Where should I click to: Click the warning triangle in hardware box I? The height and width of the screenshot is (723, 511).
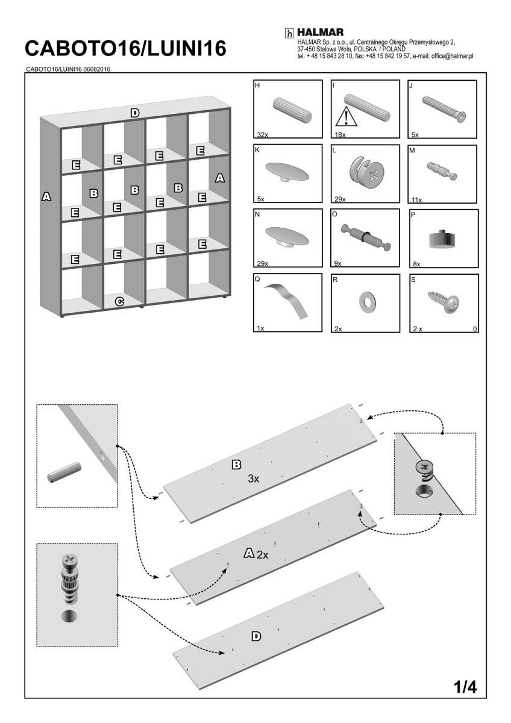coord(346,116)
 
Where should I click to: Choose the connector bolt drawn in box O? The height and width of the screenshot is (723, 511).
coord(366,236)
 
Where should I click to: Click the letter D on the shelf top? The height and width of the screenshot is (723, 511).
coord(135,113)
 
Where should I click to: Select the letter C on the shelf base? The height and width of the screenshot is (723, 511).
coord(119,301)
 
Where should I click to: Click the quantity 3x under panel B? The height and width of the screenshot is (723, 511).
coord(253,479)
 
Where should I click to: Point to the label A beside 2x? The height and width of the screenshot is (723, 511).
coord(249,553)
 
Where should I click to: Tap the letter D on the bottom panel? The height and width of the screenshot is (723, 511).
coord(256,636)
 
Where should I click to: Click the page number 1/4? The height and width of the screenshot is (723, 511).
coord(465,686)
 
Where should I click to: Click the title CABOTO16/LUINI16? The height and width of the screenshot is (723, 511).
coord(126,48)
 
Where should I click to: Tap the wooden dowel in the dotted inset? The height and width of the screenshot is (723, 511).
coord(64,471)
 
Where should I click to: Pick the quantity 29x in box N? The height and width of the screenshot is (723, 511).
coord(262,264)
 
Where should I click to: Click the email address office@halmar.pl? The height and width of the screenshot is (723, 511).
coord(448,56)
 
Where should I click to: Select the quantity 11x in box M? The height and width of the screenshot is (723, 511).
coord(416,199)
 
